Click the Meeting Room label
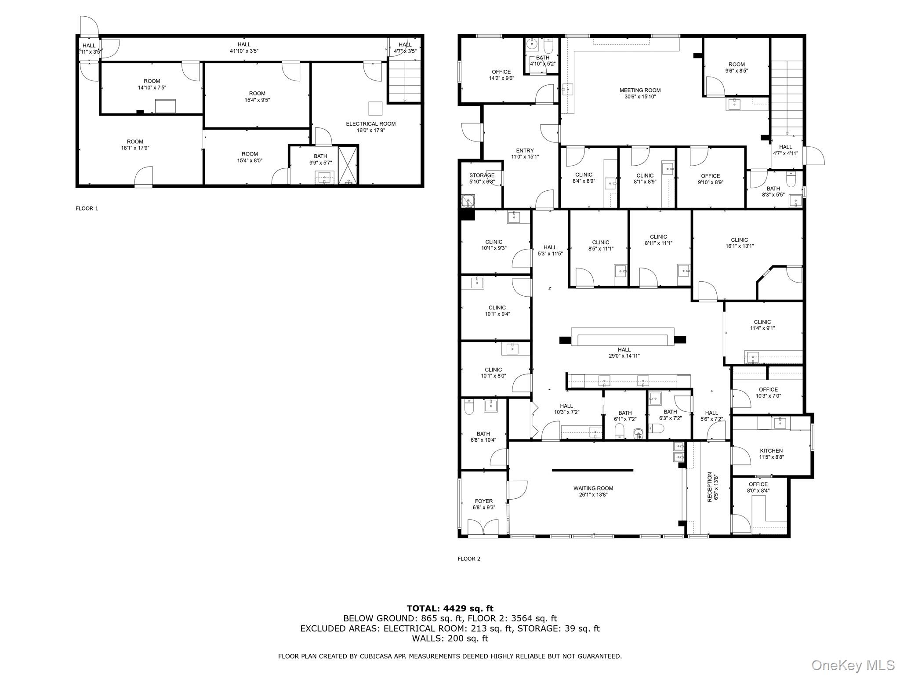[x=640, y=91]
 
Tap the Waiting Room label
[x=593, y=488]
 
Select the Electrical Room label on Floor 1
[x=370, y=124]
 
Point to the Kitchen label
[x=771, y=450]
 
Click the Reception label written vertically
[x=710, y=487]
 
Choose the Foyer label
[x=484, y=501]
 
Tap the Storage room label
[x=482, y=175]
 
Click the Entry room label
[x=525, y=150]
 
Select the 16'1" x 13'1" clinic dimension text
[x=740, y=246]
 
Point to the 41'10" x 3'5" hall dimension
[x=244, y=51]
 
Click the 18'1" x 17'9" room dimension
[x=135, y=148]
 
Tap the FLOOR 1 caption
[x=87, y=208]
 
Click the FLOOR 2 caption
[x=469, y=559]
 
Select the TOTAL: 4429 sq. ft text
[x=450, y=608]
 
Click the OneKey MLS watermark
[x=853, y=665]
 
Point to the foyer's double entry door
[x=483, y=527]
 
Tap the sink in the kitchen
[x=780, y=423]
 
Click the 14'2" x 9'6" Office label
[x=501, y=75]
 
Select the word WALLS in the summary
[x=427, y=639]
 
